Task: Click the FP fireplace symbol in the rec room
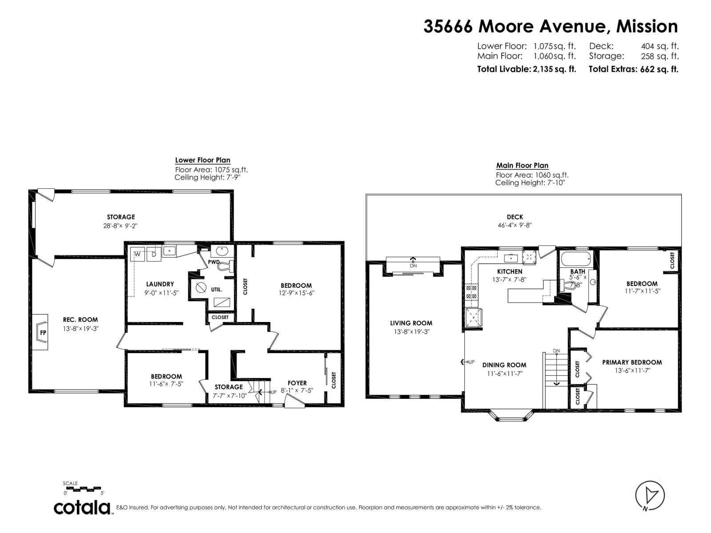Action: [x=42, y=332]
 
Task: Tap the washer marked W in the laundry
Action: [x=137, y=255]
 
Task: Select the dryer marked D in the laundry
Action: [x=153, y=255]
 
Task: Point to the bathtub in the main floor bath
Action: [x=576, y=258]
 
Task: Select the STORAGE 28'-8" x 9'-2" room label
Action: [x=121, y=221]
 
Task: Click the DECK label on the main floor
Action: [x=515, y=217]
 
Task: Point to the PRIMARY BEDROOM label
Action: [x=632, y=362]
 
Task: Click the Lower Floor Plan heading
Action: [x=203, y=160]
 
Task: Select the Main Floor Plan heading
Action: [x=522, y=166]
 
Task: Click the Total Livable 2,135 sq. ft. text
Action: [x=526, y=69]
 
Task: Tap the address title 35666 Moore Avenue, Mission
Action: [x=551, y=27]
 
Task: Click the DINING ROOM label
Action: [x=504, y=365]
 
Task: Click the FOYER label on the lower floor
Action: [x=297, y=383]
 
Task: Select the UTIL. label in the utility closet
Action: [x=216, y=290]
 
